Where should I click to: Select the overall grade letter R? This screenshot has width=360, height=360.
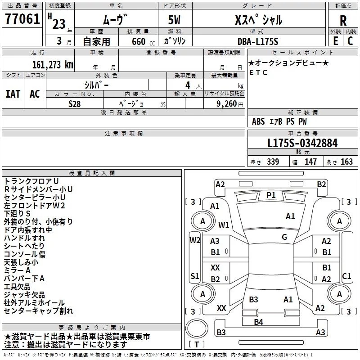coord(343,21)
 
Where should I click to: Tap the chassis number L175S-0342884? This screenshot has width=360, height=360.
coord(302,144)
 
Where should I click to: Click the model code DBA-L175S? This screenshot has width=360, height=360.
coord(258,41)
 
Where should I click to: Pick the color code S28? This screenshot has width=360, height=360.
coord(75,103)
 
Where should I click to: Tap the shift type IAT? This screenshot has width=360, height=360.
coord(13,94)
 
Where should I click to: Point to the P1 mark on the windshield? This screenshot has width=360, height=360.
coord(271,195)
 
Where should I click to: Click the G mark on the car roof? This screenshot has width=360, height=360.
coord(284,237)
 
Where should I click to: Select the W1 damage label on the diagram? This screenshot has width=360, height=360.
coord(224,225)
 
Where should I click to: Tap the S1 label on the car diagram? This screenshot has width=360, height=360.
coord(194,276)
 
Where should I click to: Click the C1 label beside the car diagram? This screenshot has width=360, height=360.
coord(346,276)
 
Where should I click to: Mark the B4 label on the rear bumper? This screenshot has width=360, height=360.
coord(258,321)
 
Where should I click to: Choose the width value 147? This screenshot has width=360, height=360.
coord(310,162)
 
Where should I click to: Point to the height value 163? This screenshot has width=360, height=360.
coord(346,162)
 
